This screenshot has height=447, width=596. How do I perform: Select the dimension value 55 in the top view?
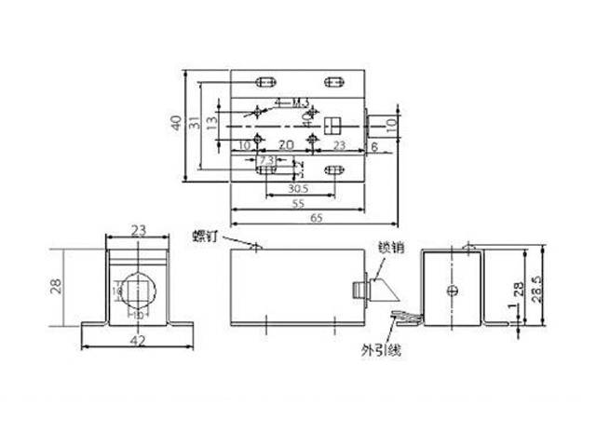click(299, 202)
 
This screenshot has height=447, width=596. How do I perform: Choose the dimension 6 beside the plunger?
click(373, 146)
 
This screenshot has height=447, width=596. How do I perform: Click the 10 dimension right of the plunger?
click(391, 120)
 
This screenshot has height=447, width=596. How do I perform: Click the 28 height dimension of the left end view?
click(56, 286)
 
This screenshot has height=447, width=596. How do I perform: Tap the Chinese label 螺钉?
click(207, 235)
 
